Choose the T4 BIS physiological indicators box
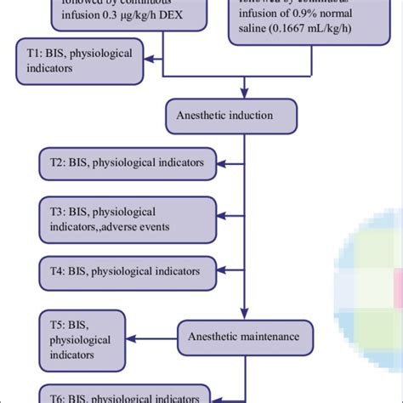(x=127, y=271)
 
